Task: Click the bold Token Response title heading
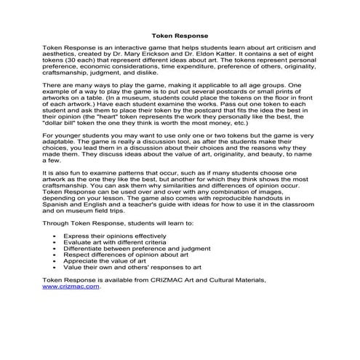(180, 34)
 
